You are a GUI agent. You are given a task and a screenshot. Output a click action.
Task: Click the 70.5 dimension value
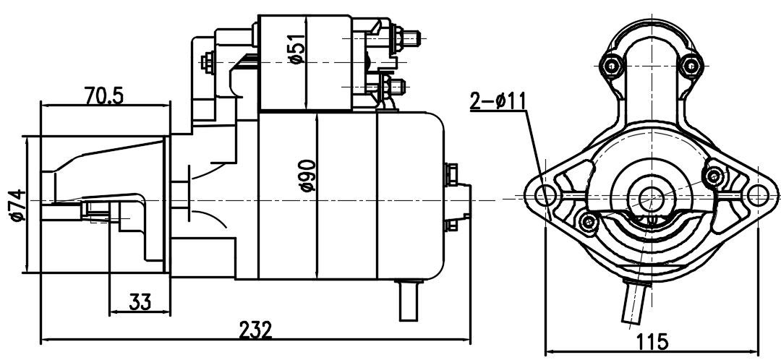pyautogui.click(x=103, y=95)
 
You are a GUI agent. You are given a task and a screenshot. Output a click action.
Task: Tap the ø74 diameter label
pyautogui.click(x=17, y=205)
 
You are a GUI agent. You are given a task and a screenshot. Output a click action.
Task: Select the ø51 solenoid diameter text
pyautogui.click(x=296, y=48)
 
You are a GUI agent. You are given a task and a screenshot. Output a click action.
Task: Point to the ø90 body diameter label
pyautogui.click(x=307, y=175)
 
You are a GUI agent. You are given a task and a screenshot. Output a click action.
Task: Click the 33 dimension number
pyautogui.click(x=140, y=301)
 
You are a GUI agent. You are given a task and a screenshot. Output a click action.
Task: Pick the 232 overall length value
pyautogui.click(x=256, y=330)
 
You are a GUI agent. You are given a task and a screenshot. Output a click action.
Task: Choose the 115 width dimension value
pyautogui.click(x=652, y=342)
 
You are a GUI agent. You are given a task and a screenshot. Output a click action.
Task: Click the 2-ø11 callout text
pyautogui.click(x=498, y=101)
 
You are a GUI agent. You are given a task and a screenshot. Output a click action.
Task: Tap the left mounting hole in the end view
pyautogui.click(x=545, y=194)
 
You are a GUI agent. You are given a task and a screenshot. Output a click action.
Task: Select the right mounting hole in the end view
pyautogui.click(x=757, y=194)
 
